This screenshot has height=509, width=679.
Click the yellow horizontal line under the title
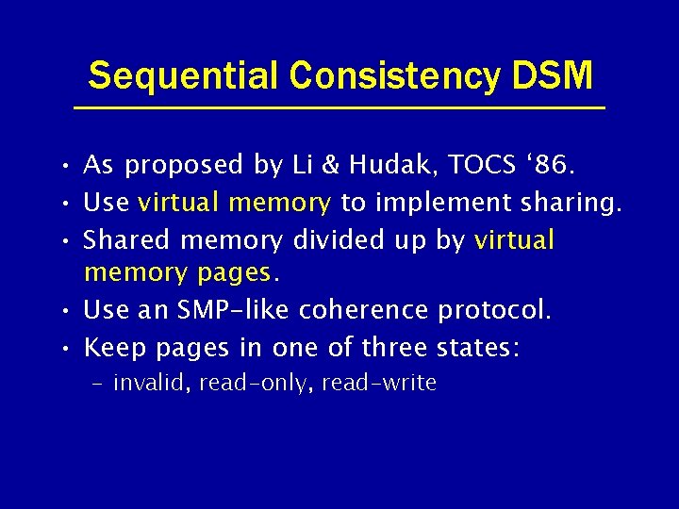339,108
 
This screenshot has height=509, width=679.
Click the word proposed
185,167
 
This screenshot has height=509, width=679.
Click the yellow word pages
234,274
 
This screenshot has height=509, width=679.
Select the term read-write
379,383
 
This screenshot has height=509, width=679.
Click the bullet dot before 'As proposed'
61,168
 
